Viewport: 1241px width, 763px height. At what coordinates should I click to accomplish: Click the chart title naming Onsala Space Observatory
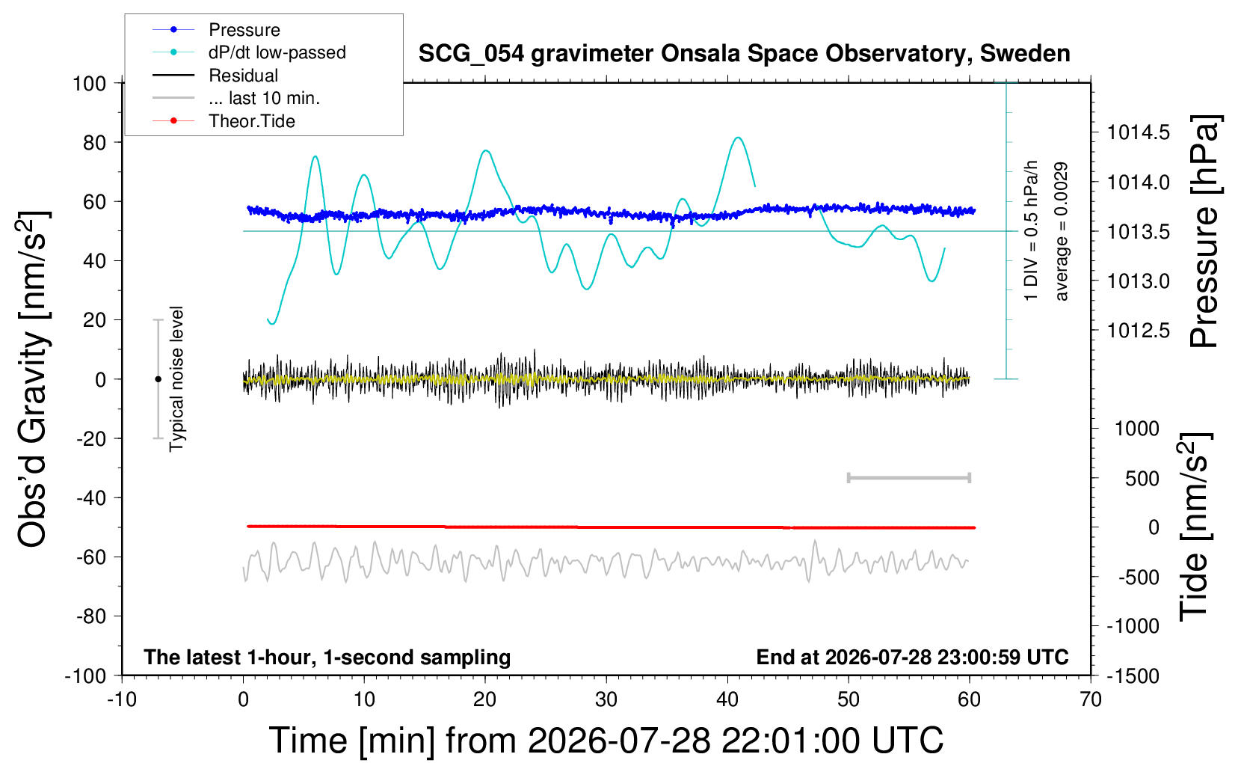(744, 54)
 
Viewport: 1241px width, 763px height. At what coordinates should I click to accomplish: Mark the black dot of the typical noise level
(158, 379)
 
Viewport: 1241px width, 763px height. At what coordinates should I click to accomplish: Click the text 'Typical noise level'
(176, 379)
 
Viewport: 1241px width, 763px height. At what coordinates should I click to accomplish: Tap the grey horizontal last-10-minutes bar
(909, 478)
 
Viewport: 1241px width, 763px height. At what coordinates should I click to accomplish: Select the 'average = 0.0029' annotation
(1061, 232)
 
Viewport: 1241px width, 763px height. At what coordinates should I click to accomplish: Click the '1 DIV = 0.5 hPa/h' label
(1030, 231)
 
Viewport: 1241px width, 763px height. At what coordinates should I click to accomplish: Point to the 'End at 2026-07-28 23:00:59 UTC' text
(913, 657)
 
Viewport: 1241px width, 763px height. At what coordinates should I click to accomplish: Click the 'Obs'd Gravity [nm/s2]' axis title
(33, 379)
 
